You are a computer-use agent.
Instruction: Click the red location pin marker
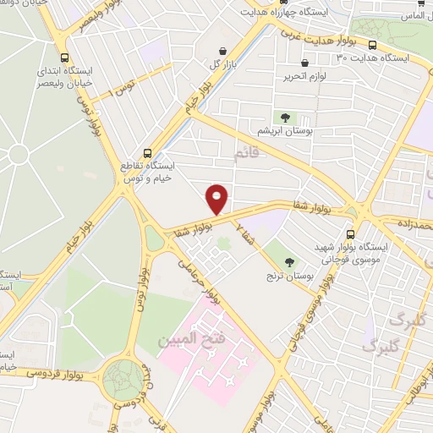pyautogui.click(x=217, y=199)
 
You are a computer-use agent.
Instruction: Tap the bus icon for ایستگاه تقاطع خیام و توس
pyautogui.click(x=148, y=154)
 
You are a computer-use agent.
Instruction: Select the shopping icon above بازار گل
pyautogui.click(x=222, y=51)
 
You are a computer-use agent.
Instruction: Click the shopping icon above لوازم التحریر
pyautogui.click(x=304, y=63)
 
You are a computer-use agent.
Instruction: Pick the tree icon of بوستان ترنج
pyautogui.click(x=290, y=262)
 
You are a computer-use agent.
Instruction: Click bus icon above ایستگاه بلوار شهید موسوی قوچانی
pyautogui.click(x=350, y=234)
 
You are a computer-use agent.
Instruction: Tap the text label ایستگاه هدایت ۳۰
pyautogui.click(x=372, y=58)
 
